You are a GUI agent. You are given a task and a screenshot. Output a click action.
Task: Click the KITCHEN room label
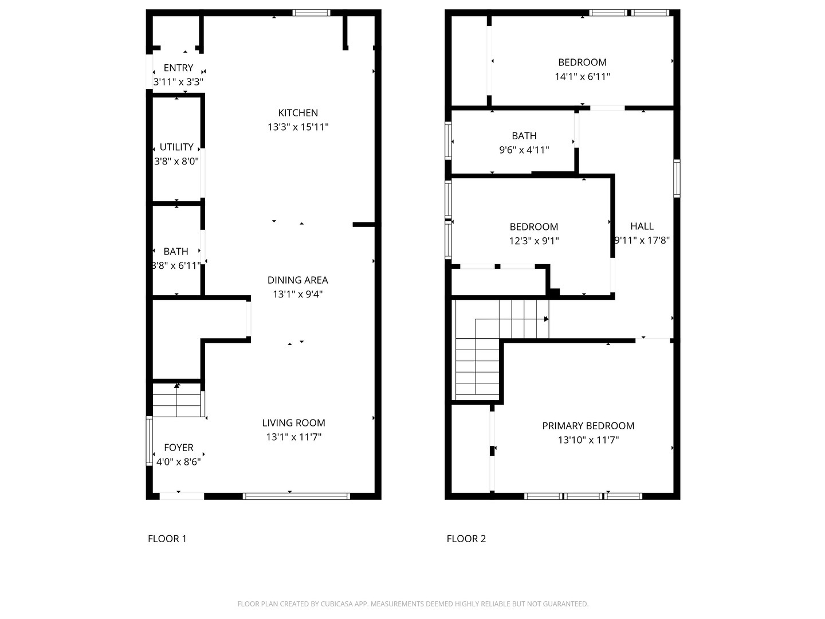click(298, 113)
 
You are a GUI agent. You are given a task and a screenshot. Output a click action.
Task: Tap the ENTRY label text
click(178, 68)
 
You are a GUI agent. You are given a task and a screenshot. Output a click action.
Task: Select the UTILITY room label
click(176, 147)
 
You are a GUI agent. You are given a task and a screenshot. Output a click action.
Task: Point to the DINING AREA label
click(298, 280)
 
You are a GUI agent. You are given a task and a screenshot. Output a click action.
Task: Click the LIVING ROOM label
click(293, 423)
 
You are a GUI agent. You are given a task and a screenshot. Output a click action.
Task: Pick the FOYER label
click(179, 448)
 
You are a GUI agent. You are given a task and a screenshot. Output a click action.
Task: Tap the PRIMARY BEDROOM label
click(588, 426)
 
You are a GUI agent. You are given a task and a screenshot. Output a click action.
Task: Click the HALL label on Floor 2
click(642, 226)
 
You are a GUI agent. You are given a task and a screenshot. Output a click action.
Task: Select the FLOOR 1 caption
click(167, 539)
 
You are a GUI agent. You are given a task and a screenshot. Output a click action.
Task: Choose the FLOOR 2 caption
click(466, 539)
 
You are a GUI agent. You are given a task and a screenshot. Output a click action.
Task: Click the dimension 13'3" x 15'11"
click(298, 127)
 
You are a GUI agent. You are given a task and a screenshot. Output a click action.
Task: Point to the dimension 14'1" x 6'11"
click(582, 77)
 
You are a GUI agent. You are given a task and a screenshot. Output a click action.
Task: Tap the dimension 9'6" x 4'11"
click(524, 150)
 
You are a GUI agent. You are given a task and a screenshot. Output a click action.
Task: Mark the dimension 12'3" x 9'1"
click(534, 241)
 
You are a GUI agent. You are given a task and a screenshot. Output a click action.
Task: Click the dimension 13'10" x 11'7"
click(588, 440)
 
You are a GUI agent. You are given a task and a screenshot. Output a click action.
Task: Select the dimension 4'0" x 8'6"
click(179, 462)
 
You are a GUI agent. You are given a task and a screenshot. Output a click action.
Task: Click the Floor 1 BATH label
click(176, 252)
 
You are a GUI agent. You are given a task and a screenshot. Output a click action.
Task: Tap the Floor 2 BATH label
click(524, 136)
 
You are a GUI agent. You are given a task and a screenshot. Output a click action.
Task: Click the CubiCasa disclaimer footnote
click(412, 604)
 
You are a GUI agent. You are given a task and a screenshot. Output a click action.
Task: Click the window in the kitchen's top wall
click(311, 13)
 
